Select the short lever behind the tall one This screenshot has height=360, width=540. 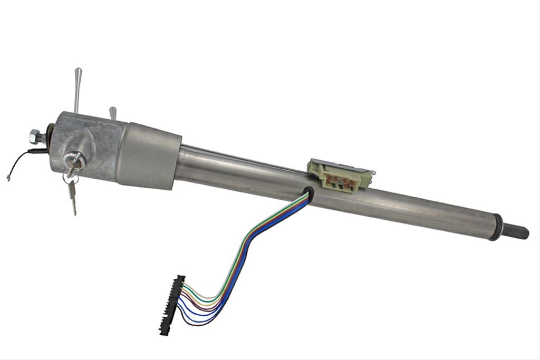112,113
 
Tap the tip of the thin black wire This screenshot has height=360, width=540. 9,178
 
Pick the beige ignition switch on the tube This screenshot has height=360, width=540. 340,174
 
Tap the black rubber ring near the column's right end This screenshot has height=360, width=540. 495,227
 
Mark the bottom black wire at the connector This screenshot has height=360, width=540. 182,323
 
